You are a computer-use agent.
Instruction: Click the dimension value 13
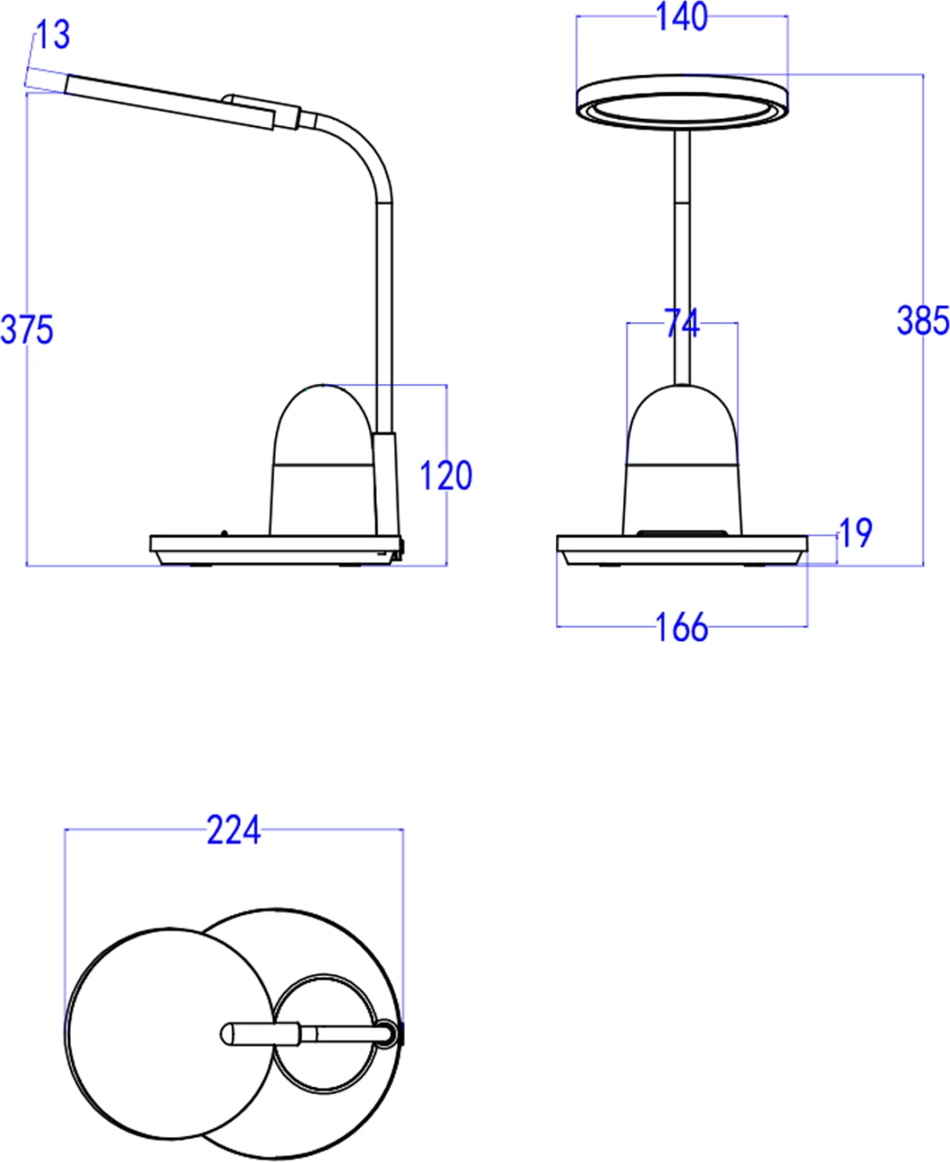point(52,35)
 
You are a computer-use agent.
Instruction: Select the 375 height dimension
point(27,330)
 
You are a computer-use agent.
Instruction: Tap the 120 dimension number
point(445,476)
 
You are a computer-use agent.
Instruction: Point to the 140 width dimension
point(682,17)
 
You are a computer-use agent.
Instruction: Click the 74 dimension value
point(682,324)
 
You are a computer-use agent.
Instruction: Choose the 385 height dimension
point(923,320)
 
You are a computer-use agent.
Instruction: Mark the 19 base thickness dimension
point(855,533)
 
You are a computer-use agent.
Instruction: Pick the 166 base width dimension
point(682,627)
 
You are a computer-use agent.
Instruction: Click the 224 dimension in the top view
point(233,830)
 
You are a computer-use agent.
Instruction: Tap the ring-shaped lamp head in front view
point(682,102)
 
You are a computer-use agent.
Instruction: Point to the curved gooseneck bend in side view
point(364,150)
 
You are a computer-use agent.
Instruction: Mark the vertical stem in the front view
point(682,257)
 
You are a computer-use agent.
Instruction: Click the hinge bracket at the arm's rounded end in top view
point(391,1034)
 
